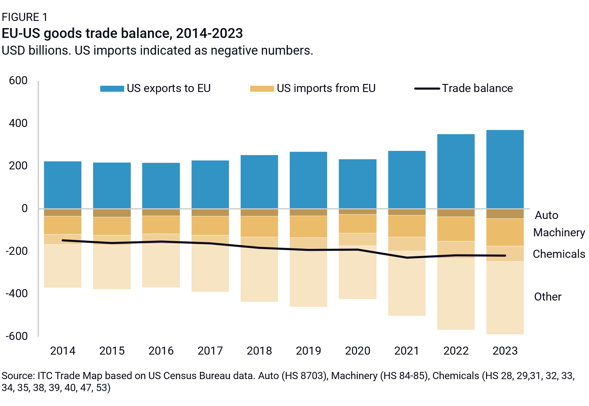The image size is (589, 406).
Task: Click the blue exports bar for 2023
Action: [505, 169]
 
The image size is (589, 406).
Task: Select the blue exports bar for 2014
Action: [63, 185]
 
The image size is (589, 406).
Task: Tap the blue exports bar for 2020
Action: [357, 184]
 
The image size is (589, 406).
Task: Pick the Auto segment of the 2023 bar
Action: [505, 214]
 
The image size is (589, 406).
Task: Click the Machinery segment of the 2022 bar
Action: [456, 229]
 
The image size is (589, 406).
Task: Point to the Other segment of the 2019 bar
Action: [308, 278]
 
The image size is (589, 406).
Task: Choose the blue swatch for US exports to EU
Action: [112, 89]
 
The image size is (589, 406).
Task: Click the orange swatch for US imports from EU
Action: [262, 89]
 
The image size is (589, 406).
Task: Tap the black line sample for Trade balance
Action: [427, 89]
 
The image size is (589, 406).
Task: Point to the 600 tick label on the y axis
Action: [18, 81]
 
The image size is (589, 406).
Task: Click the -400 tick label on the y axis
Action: [17, 294]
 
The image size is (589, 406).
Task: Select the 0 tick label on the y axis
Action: [25, 208]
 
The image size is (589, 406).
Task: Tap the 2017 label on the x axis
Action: [210, 351]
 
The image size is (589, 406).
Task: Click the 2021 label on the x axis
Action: [406, 351]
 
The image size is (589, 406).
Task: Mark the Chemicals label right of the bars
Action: [559, 254]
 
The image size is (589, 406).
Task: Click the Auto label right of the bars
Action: [547, 215]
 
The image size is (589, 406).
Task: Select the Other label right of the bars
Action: [548, 297]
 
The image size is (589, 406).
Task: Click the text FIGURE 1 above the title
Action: [25, 17]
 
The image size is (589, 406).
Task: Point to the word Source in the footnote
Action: [18, 376]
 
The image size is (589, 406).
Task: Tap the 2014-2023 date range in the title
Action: [209, 33]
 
